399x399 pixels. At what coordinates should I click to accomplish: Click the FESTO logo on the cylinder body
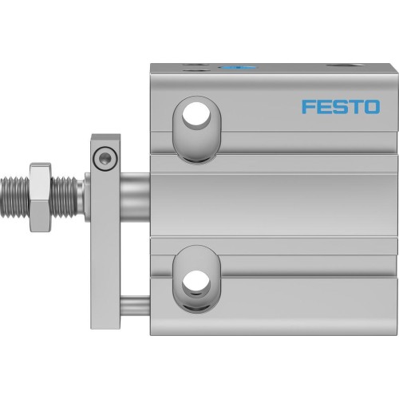click(341, 107)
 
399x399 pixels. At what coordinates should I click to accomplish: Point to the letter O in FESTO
click(371, 107)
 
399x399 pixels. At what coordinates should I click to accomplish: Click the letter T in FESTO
click(355, 107)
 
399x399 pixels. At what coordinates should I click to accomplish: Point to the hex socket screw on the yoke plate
click(101, 158)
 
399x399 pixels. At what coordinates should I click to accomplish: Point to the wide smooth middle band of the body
click(271, 199)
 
